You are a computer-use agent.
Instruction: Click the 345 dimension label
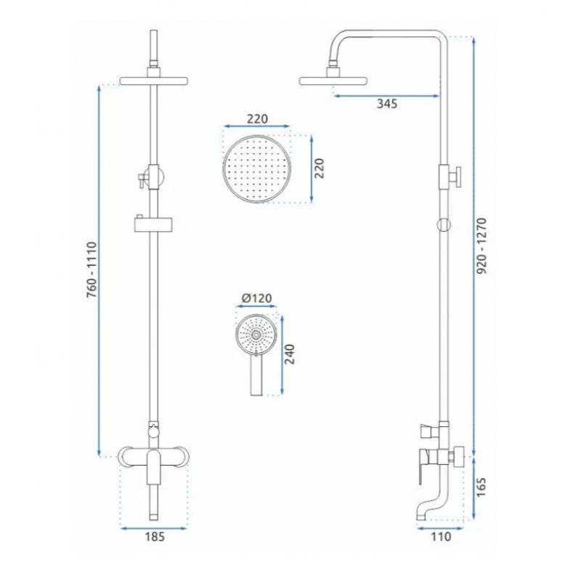(387, 104)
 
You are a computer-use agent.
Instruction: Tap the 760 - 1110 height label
(92, 269)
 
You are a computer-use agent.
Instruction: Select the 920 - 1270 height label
(482, 246)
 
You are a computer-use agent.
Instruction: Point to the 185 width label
(155, 537)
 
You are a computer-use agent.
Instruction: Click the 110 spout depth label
(441, 537)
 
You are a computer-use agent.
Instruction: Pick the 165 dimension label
(480, 487)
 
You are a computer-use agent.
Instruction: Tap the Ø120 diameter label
(257, 298)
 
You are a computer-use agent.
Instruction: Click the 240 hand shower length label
(289, 354)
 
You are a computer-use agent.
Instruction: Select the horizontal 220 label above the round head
(257, 119)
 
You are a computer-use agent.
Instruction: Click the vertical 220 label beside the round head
(319, 168)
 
